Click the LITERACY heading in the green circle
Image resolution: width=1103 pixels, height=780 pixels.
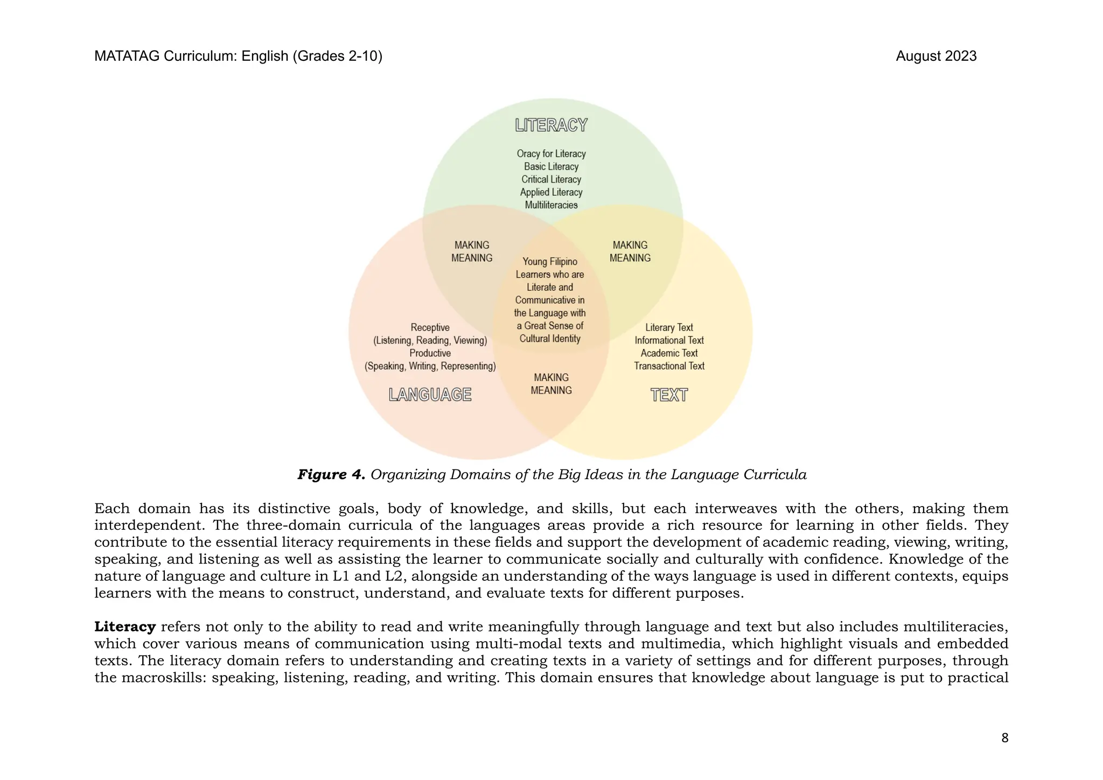tap(551, 125)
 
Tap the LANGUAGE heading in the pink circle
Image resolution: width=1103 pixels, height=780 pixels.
tap(430, 395)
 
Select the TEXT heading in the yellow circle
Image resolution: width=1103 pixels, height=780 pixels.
tap(669, 395)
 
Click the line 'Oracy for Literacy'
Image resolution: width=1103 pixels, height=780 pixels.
tap(551, 154)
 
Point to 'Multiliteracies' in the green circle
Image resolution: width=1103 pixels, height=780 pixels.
tap(551, 205)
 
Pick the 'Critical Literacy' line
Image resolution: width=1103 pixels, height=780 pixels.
tap(551, 179)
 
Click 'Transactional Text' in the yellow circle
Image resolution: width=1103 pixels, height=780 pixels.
tap(669, 366)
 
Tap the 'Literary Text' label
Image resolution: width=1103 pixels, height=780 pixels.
tap(669, 327)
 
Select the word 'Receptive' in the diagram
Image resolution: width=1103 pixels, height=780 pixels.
tap(430, 327)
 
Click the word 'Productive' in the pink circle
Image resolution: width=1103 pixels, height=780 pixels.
tap(430, 353)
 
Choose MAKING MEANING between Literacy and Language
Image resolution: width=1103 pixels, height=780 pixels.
tap(472, 251)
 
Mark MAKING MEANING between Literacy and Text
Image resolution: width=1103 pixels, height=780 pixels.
tap(630, 251)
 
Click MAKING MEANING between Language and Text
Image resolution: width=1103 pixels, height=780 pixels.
tap(551, 384)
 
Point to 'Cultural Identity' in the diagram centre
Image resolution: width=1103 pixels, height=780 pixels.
tap(550, 339)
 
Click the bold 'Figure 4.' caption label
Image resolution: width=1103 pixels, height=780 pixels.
tap(331, 475)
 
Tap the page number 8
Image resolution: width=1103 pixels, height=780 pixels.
tap(1004, 738)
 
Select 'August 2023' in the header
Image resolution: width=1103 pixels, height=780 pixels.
tap(936, 56)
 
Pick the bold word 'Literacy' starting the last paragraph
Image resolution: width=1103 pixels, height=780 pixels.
tap(125, 627)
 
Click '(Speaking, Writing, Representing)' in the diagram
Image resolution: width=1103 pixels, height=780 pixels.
tap(430, 366)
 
